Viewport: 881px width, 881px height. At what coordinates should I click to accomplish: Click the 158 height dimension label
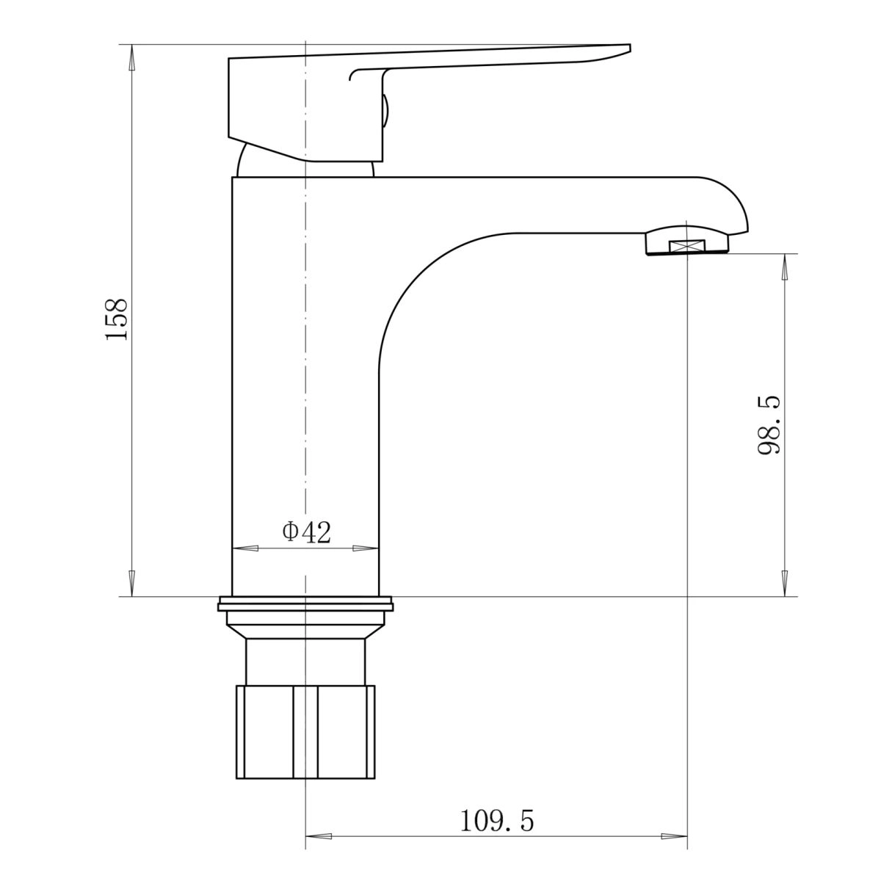(x=116, y=319)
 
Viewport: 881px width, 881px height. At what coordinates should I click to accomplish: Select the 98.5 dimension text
(x=769, y=426)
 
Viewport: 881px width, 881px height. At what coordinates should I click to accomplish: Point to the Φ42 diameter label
(x=306, y=532)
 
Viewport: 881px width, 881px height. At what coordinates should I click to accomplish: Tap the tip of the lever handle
(x=631, y=48)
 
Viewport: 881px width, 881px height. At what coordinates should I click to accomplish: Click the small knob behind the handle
(x=385, y=111)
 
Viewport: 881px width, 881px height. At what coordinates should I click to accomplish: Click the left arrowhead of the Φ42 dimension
(x=245, y=548)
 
